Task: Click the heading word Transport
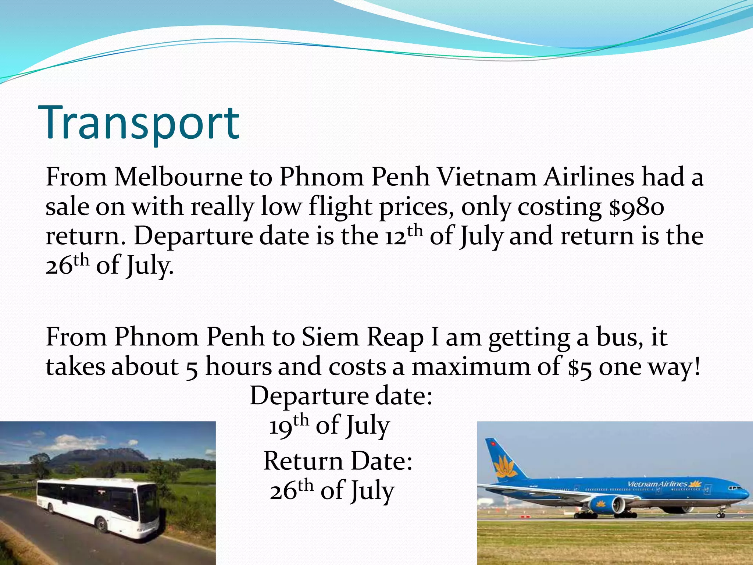point(142,124)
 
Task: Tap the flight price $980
point(636,207)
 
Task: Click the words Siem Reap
point(362,337)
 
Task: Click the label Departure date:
point(341,396)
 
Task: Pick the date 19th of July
point(329,426)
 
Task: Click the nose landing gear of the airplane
point(721,514)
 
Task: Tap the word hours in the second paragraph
point(239,367)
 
